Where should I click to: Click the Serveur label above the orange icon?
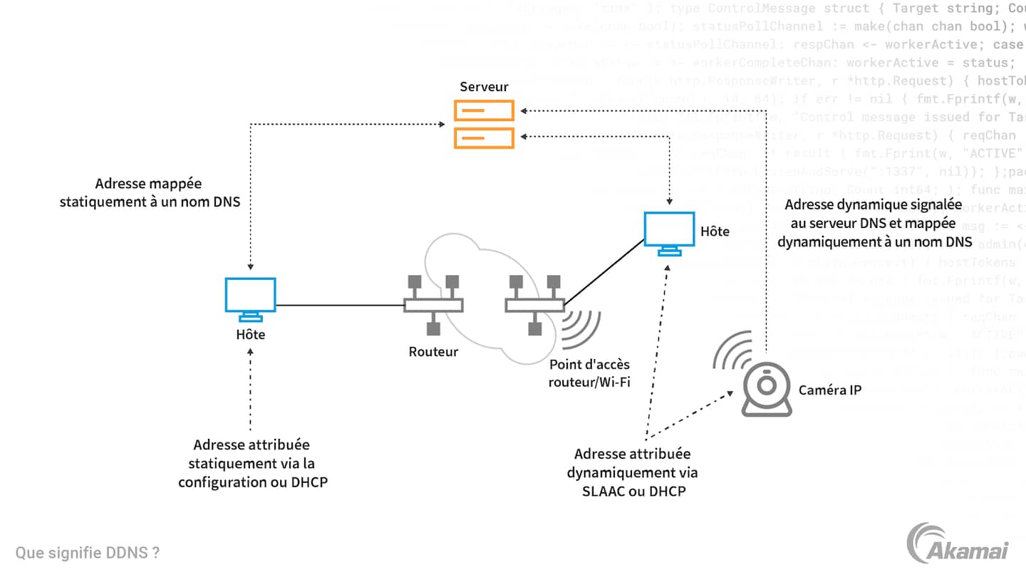[x=484, y=87]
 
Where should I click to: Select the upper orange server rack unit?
[x=484, y=111]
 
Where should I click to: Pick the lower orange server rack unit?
[x=484, y=137]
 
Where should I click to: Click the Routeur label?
[x=433, y=352]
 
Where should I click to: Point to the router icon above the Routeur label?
[x=433, y=305]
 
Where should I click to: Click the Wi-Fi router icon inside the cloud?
[x=534, y=305]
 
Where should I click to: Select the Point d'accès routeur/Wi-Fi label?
[x=589, y=373]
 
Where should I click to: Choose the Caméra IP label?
[x=830, y=390]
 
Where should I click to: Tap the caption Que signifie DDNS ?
[x=87, y=553]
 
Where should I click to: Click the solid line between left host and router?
[x=340, y=306]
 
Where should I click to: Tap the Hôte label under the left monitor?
[x=250, y=334]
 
